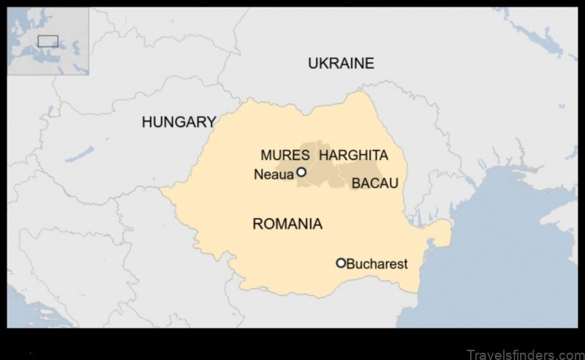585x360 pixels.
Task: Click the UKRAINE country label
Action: (x=341, y=63)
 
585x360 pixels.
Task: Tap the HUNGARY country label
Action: (x=178, y=122)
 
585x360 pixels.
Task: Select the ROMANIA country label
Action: (x=287, y=224)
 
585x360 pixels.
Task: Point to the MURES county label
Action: (x=284, y=155)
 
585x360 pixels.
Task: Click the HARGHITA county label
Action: (x=353, y=155)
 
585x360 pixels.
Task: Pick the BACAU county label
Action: (x=374, y=183)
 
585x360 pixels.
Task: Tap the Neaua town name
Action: (x=273, y=174)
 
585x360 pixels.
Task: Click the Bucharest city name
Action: (x=377, y=263)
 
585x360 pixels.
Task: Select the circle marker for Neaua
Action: (x=301, y=173)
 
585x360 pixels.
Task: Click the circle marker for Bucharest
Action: (x=341, y=263)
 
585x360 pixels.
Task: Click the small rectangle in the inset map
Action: (x=48, y=40)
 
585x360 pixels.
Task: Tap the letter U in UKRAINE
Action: (x=312, y=63)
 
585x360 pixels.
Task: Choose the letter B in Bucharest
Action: (x=350, y=263)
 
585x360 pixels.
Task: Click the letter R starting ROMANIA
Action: (x=257, y=224)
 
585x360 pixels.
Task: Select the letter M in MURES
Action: (x=266, y=155)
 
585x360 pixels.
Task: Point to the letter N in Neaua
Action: (x=257, y=174)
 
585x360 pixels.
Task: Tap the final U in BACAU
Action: (x=393, y=183)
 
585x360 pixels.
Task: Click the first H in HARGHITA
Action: (x=323, y=155)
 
